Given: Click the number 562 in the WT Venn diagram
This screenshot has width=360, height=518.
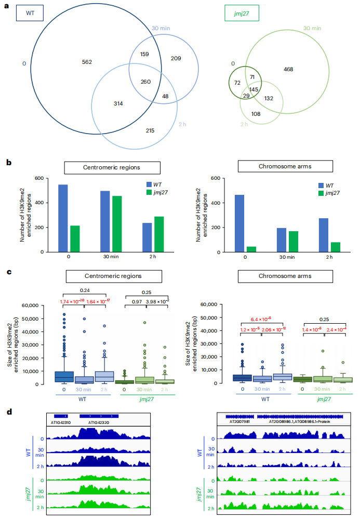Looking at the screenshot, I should [87, 62].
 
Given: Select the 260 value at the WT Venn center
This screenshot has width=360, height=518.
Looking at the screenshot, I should [146, 81].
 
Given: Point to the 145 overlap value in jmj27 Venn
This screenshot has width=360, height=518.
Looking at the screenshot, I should [255, 90].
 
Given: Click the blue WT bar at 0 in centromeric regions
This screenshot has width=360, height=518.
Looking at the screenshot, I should [63, 218].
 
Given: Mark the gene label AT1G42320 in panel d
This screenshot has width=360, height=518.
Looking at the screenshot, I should [98, 422].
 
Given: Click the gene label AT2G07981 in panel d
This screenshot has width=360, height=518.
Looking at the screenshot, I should [240, 421].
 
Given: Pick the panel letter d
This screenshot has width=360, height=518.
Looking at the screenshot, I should [9, 412].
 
